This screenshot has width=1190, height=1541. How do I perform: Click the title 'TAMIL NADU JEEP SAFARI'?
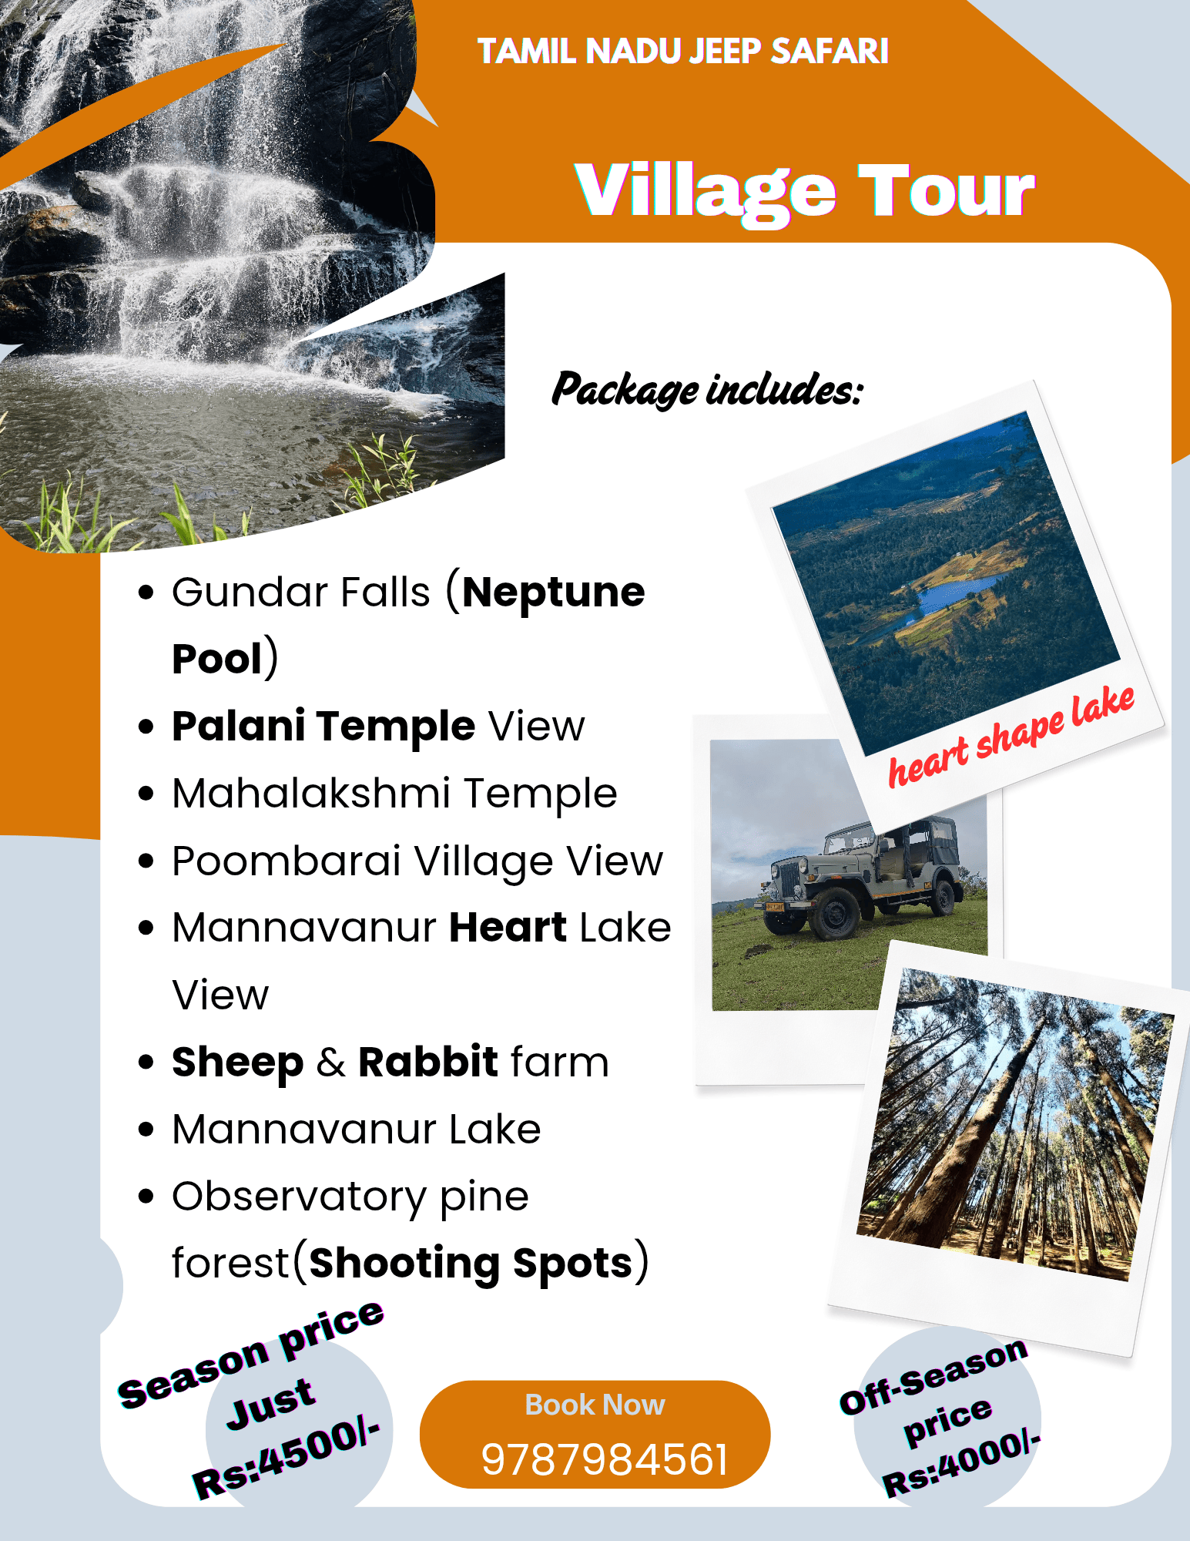pyautogui.click(x=682, y=52)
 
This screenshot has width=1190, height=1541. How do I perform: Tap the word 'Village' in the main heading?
pyautogui.click(x=705, y=192)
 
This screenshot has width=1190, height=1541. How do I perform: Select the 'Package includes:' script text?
pyautogui.click(x=707, y=389)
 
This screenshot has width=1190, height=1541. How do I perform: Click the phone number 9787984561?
pyautogui.click(x=605, y=1459)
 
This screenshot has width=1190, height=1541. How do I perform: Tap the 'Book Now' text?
pyautogui.click(x=595, y=1405)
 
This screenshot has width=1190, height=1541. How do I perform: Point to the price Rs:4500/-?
pyautogui.click(x=287, y=1459)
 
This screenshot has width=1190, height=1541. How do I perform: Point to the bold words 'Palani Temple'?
pyautogui.click(x=323, y=726)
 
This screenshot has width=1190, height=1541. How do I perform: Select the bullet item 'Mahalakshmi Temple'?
pyautogui.click(x=394, y=794)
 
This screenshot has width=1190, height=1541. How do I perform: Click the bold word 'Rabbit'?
pyautogui.click(x=428, y=1062)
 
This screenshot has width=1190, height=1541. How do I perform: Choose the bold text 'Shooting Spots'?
pyautogui.click(x=471, y=1264)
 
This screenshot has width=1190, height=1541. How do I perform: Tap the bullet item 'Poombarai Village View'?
pyautogui.click(x=417, y=861)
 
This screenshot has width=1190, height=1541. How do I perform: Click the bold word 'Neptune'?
pyautogui.click(x=553, y=592)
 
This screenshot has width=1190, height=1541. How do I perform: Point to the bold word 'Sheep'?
pyautogui.click(x=237, y=1062)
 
